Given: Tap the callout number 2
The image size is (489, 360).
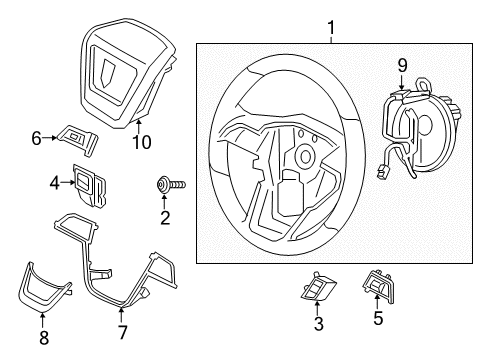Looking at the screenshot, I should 165,216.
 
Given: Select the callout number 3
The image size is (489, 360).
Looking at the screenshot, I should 318,324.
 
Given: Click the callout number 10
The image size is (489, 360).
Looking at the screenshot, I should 142,143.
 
